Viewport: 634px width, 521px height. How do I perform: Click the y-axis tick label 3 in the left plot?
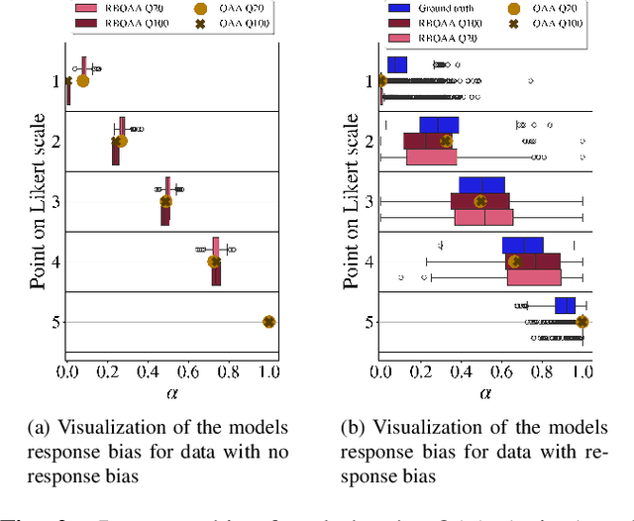pyautogui.click(x=55, y=201)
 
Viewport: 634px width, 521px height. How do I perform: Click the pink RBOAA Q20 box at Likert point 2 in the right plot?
pyautogui.click(x=417, y=156)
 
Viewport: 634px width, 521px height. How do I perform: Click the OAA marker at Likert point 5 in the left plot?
pyautogui.click(x=268, y=321)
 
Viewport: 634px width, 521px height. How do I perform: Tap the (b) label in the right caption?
pyautogui.click(x=353, y=427)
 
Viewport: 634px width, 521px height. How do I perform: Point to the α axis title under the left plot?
pyautogui.click(x=167, y=392)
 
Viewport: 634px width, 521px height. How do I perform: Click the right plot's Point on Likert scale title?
pyautogui.click(x=351, y=201)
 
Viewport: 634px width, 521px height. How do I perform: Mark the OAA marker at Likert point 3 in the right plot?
pyautogui.click(x=481, y=201)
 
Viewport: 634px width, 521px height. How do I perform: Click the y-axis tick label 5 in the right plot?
pyautogui.click(x=370, y=321)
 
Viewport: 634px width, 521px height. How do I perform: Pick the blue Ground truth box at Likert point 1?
pyautogui.click(x=396, y=65)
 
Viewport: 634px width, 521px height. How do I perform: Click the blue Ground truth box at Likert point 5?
pyautogui.click(x=565, y=305)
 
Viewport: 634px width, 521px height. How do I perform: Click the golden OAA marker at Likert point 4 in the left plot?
pyautogui.click(x=213, y=261)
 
